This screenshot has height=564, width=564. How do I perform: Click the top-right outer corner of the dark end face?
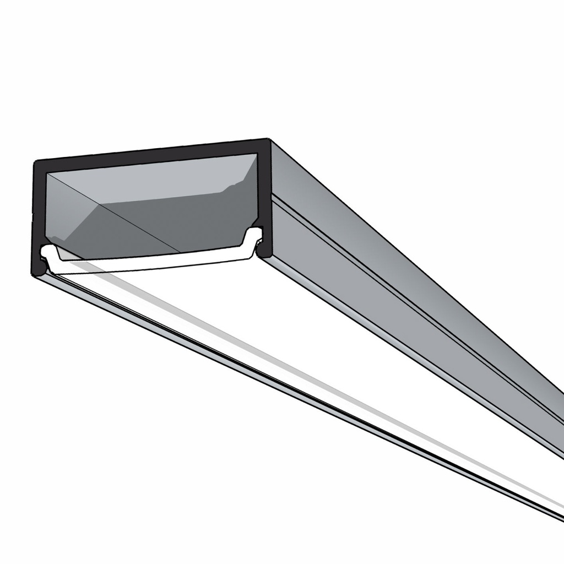click(268, 140)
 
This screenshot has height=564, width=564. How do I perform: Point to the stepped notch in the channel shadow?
click(229, 187)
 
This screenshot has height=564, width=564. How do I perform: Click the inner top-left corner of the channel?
click(47, 173)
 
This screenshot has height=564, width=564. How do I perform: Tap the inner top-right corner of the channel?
click(257, 155)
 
